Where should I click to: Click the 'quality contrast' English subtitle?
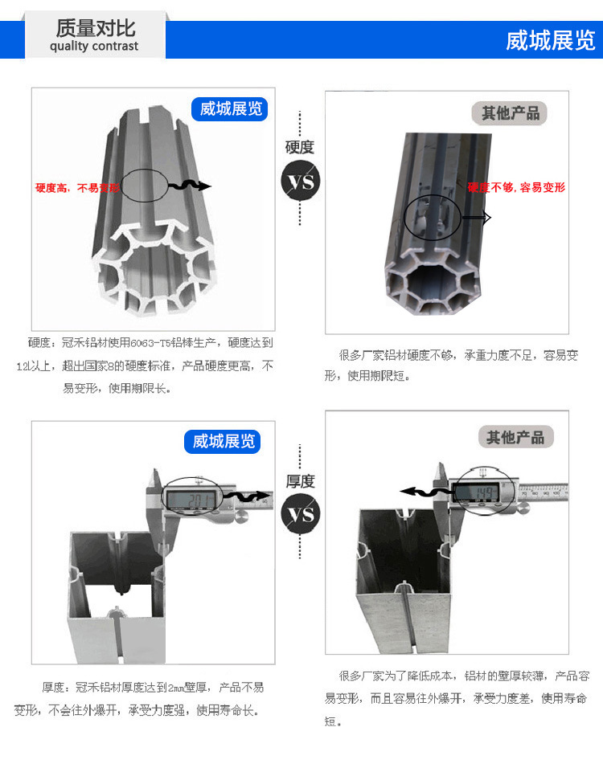[94, 47]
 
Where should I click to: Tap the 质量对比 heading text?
[95, 27]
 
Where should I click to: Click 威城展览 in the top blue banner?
[550, 40]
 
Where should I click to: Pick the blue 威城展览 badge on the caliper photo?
[224, 441]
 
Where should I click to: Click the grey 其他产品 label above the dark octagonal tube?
[511, 113]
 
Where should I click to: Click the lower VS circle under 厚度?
[300, 514]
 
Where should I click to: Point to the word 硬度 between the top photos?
[300, 147]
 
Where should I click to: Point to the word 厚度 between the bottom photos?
[300, 481]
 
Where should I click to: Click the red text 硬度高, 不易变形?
[76, 188]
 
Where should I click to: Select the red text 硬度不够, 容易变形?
[516, 187]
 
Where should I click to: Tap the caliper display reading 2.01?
[193, 500]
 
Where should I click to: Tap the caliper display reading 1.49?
[482, 492]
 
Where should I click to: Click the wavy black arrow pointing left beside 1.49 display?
[424, 492]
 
